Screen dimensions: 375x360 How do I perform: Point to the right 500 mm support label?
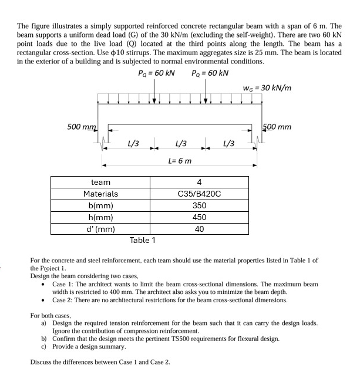pos(278,127)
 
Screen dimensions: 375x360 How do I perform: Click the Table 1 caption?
pos(143,240)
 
